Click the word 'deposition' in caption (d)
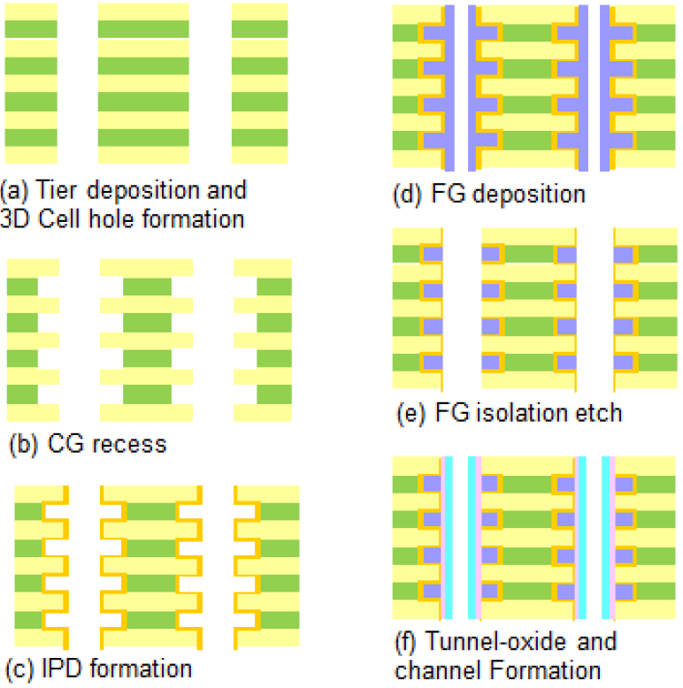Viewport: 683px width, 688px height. point(528,194)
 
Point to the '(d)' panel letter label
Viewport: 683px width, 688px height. point(410,194)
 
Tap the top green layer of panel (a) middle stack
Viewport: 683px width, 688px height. point(143,28)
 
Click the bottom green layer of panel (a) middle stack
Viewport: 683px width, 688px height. point(143,138)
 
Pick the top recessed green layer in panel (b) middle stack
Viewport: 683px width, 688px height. point(147,287)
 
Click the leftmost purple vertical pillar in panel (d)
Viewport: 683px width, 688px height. point(449,88)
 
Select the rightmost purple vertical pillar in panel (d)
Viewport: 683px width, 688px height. point(606,88)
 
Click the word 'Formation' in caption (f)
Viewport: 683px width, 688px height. point(539,669)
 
